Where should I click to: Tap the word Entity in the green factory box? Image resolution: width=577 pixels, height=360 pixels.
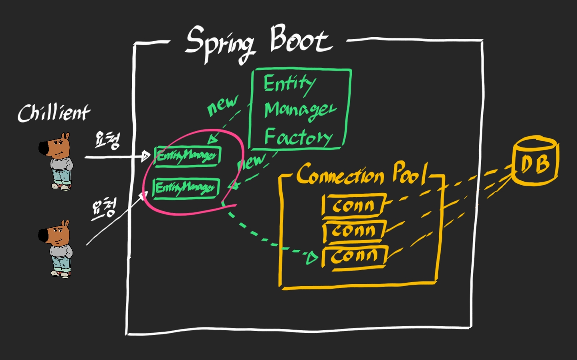point(288,83)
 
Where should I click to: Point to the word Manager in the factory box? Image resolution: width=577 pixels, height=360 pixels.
point(300,110)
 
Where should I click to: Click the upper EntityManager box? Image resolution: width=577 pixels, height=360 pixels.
point(187,156)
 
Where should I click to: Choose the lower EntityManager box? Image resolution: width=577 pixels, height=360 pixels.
point(186,187)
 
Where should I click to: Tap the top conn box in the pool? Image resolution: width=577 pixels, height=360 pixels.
point(353,206)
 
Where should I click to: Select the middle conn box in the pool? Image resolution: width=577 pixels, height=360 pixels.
point(353,231)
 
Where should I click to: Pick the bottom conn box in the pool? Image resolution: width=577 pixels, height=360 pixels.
point(354,255)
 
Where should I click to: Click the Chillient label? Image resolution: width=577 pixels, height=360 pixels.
point(54,113)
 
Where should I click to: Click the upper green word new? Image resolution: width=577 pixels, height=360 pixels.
point(222,105)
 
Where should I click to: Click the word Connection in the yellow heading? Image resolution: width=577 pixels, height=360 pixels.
point(340,174)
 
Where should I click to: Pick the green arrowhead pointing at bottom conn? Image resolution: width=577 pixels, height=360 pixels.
point(312,257)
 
